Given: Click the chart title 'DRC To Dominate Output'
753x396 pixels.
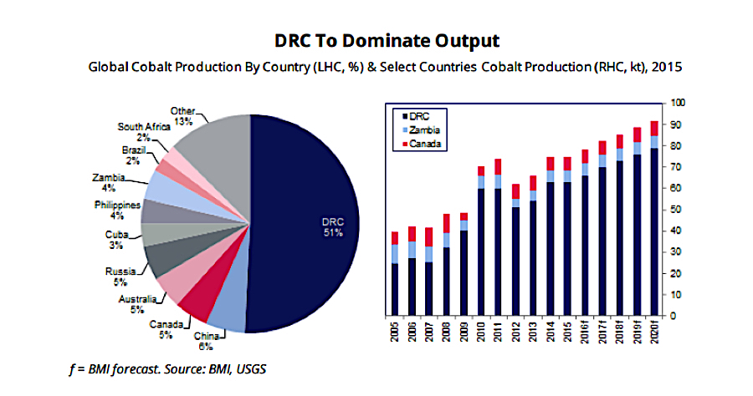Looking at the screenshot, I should click(x=376, y=40).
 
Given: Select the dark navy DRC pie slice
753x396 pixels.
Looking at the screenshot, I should click(x=310, y=226).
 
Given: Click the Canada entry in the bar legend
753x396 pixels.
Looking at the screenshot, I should click(x=424, y=144).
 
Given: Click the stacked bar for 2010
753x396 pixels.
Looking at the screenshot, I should click(x=481, y=242).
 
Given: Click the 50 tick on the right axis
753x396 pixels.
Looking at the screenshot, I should click(x=675, y=209).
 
